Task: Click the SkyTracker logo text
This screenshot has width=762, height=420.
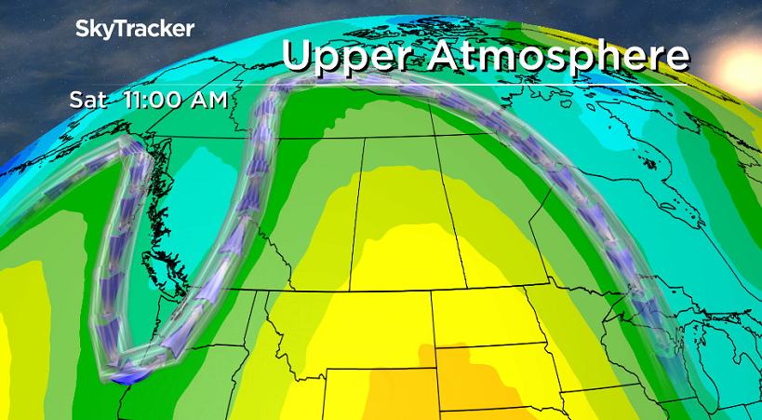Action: [x=134, y=29]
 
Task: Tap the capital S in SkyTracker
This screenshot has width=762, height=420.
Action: [x=81, y=29]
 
